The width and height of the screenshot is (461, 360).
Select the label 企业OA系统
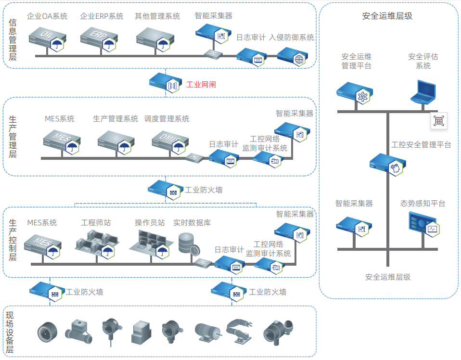pyautogui.click(x=47, y=16)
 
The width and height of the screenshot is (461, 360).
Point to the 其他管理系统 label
pyautogui.click(x=157, y=16)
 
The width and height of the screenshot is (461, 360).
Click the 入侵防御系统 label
pyautogui.click(x=292, y=38)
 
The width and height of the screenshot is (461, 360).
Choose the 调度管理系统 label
pyautogui.click(x=166, y=119)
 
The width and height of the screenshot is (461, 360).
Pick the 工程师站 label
pyautogui.click(x=96, y=223)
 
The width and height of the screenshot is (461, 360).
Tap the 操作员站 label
pyautogui.click(x=150, y=223)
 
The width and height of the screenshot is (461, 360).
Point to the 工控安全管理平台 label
pyautogui.click(x=422, y=144)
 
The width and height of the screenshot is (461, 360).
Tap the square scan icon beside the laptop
pyautogui.click(x=438, y=121)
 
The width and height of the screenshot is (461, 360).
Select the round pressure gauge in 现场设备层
pyautogui.click(x=47, y=332)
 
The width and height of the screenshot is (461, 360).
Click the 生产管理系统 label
pyautogui.click(x=115, y=119)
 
